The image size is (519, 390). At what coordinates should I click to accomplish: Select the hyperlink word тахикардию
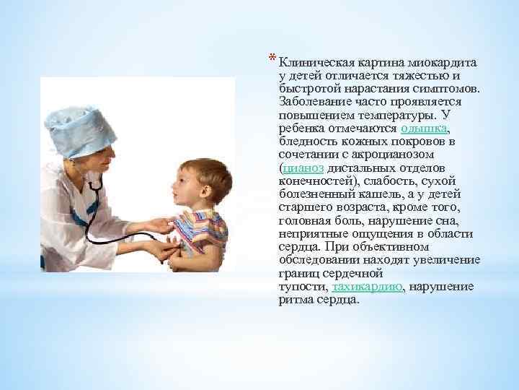point(368,287)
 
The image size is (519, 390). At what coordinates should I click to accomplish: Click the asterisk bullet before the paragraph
point(272,58)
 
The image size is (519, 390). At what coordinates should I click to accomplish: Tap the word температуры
point(400,115)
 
